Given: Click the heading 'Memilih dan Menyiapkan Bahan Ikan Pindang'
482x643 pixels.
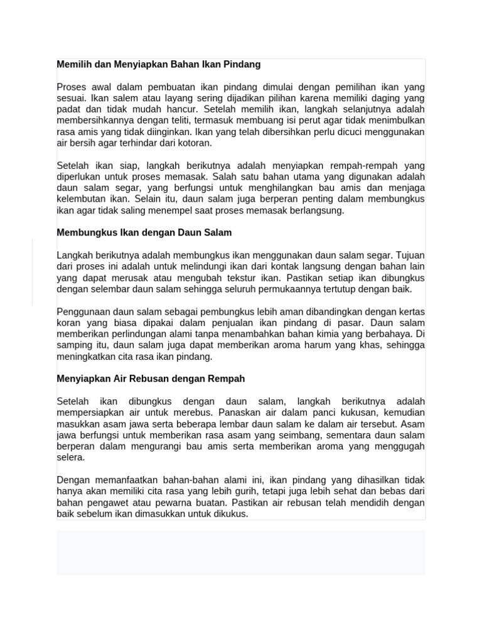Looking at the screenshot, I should coord(158,65).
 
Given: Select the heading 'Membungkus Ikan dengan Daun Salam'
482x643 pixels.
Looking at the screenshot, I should coord(144,233).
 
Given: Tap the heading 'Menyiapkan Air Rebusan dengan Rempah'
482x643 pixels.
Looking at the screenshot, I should coord(151,379).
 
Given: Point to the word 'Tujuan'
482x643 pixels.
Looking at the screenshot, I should coord(410,256).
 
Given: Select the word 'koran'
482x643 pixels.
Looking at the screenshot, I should coord(68,323).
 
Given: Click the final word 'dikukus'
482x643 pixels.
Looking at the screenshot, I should coord(230,514).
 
